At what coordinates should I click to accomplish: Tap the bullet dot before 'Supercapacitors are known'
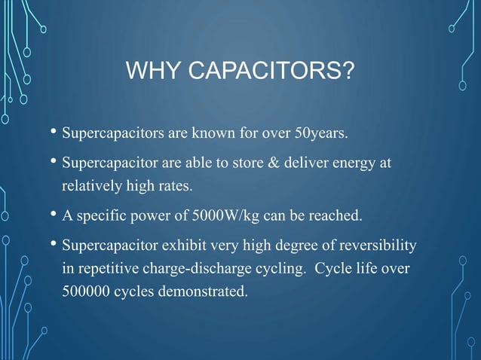(53, 135)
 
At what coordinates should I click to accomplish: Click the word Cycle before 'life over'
(323, 269)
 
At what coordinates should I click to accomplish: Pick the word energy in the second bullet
(354, 163)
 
